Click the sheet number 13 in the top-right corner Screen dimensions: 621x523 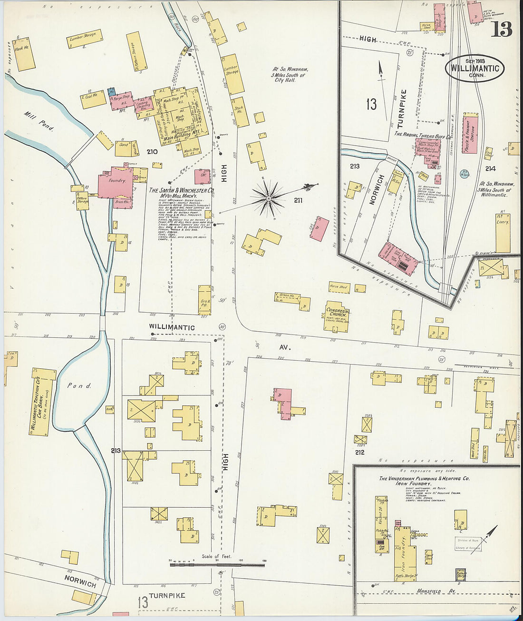pyautogui.click(x=502, y=30)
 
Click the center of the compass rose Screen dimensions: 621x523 pyautogui.click(x=269, y=197)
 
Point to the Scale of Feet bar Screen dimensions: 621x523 pyautogui.click(x=217, y=565)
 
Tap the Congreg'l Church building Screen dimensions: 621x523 pyautogui.click(x=338, y=316)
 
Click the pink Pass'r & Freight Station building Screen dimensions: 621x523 pyautogui.click(x=470, y=133)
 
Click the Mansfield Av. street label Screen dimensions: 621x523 pyautogui.click(x=430, y=591)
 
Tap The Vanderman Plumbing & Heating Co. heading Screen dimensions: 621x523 pyautogui.click(x=424, y=478)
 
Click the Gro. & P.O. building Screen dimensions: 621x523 pyautogui.click(x=205, y=300)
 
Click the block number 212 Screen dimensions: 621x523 pyautogui.click(x=359, y=452)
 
